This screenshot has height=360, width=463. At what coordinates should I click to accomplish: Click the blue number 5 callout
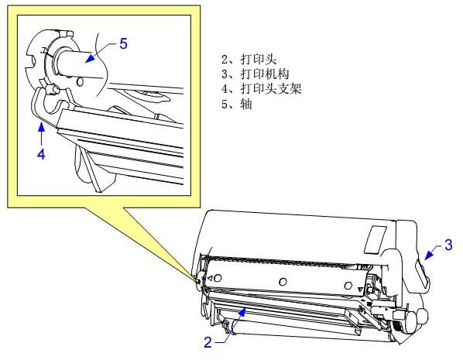(x=123, y=44)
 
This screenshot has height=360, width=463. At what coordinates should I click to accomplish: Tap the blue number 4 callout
(x=41, y=154)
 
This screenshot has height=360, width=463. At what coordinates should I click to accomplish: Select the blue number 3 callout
(x=448, y=245)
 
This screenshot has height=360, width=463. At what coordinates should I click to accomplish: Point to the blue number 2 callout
(x=207, y=342)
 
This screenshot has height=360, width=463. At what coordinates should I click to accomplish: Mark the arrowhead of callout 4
(x=42, y=127)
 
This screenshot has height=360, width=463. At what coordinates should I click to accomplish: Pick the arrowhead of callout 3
(x=429, y=255)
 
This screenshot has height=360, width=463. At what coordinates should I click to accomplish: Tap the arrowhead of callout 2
(x=242, y=312)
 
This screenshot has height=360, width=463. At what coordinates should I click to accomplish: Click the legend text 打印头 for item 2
(x=259, y=59)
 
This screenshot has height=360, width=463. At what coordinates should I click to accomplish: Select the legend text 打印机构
(x=265, y=74)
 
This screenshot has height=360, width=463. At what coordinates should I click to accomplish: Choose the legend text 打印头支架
(x=271, y=88)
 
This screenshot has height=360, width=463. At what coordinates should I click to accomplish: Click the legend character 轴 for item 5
(x=246, y=104)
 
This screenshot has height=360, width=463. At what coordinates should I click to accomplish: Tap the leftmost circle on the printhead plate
(x=218, y=278)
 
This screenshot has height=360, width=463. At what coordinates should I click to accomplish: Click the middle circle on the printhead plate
(x=283, y=282)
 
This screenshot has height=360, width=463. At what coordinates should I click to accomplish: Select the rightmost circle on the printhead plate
(x=348, y=286)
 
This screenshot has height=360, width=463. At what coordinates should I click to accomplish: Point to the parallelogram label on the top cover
(x=376, y=240)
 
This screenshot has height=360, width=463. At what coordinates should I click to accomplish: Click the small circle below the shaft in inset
(x=80, y=82)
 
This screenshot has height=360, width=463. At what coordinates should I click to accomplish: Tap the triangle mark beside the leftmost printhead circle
(x=211, y=278)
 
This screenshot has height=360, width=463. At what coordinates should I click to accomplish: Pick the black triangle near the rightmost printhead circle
(x=360, y=290)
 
